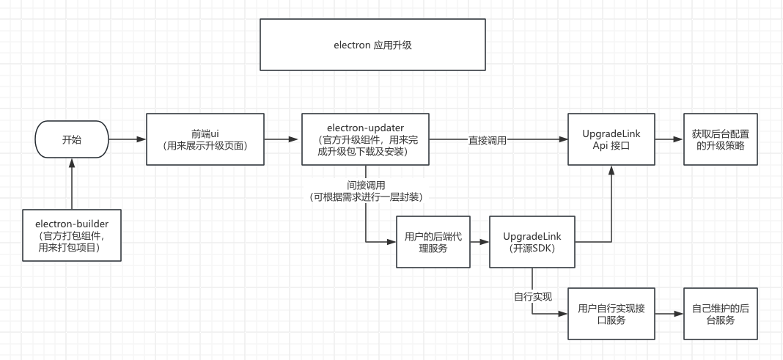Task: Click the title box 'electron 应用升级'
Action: pyautogui.click(x=372, y=45)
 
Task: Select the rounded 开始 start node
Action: pyautogui.click(x=72, y=139)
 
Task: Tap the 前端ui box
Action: pyautogui.click(x=205, y=139)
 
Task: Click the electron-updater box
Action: pyautogui.click(x=365, y=139)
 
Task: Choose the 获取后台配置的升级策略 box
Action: pyautogui.click(x=720, y=139)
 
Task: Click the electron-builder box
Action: pyautogui.click(x=72, y=235)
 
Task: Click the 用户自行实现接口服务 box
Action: pyautogui.click(x=611, y=314)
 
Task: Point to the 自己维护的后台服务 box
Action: pyautogui.click(x=720, y=314)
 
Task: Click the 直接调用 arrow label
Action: pyautogui.click(x=488, y=139)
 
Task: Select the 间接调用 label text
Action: pyautogui.click(x=366, y=185)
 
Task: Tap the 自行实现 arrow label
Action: pyautogui.click(x=533, y=297)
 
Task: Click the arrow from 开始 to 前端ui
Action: pyautogui.click(x=127, y=139)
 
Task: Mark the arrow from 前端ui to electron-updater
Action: pyautogui.click(x=283, y=139)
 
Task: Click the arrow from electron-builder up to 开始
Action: pyautogui.click(x=72, y=186)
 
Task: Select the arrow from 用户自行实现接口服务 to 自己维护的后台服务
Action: pyautogui.click(x=669, y=314)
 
